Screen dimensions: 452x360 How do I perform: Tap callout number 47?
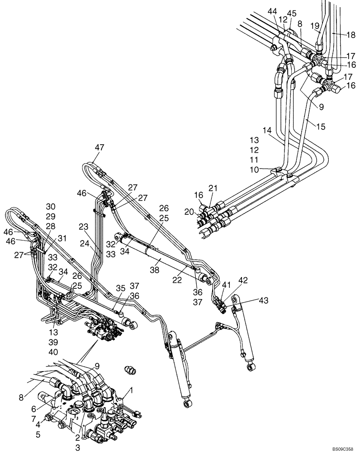[99, 147]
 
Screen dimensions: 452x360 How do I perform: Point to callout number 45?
[292, 13]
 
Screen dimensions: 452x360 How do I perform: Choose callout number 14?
[267, 129]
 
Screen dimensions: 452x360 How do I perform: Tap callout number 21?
[213, 188]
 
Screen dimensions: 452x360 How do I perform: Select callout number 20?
[189, 211]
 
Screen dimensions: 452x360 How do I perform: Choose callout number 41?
[226, 285]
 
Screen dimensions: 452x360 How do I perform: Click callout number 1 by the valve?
[132, 390]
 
